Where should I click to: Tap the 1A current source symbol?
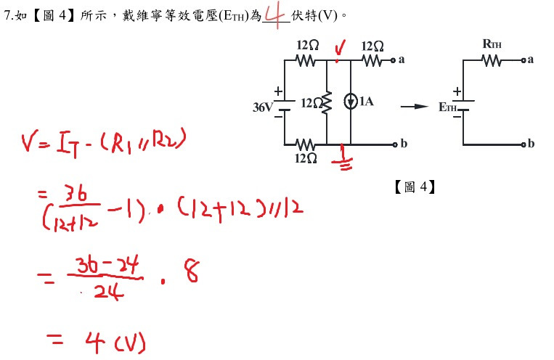[351, 102]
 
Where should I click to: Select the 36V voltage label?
[263, 107]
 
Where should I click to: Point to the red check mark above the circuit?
[339, 49]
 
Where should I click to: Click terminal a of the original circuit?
[393, 60]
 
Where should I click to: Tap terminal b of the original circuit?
[395, 144]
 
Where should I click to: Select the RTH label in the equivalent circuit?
[492, 44]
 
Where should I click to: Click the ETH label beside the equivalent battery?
[447, 107]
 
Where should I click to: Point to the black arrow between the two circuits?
[414, 107]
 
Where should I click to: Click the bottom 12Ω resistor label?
[306, 158]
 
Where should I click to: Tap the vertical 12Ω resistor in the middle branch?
[327, 102]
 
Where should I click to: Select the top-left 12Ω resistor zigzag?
[306, 61]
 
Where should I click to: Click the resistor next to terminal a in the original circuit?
[372, 61]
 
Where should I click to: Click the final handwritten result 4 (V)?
[115, 342]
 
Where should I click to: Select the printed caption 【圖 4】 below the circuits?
[415, 187]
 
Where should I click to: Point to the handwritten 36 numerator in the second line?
[76, 194]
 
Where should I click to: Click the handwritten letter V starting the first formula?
[28, 143]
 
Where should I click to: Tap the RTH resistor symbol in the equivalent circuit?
[491, 61]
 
